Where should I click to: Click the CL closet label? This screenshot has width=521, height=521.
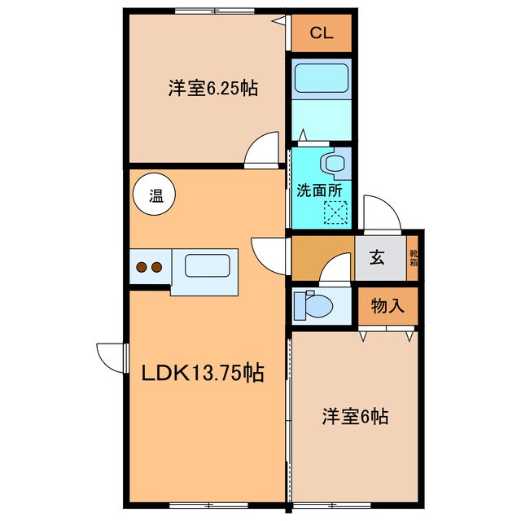click(x=322, y=33)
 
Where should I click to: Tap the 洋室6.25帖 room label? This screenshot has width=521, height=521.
click(x=213, y=89)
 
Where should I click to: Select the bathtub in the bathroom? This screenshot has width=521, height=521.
click(x=320, y=79)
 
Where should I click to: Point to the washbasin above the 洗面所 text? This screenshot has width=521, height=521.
click(x=334, y=162)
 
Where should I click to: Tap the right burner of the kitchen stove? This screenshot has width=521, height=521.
click(x=155, y=266)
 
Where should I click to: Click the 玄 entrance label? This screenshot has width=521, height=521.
click(x=379, y=258)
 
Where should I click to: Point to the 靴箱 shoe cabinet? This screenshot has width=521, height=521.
click(x=414, y=258)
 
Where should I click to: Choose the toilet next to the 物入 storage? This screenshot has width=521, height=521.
click(x=313, y=305)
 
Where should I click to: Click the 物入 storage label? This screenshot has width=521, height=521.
click(x=387, y=306)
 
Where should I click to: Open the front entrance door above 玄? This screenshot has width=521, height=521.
click(x=381, y=214)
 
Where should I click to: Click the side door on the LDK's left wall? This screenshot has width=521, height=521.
click(x=112, y=357)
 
